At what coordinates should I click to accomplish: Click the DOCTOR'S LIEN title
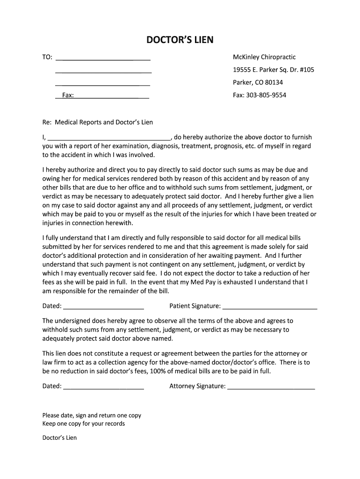(180, 40)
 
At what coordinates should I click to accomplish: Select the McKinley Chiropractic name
(264, 57)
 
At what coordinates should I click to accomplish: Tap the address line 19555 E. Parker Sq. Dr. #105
(274, 70)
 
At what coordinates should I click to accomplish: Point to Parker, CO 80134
(258, 82)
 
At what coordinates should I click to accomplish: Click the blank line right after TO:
(103, 59)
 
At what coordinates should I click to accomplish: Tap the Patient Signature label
(195, 306)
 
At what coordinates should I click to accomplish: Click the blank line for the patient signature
(270, 308)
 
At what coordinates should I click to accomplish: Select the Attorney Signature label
(197, 386)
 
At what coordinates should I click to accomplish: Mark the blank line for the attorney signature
(271, 388)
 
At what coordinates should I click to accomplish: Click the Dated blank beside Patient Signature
(103, 308)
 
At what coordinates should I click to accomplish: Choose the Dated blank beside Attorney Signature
(103, 388)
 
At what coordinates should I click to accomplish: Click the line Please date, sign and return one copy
(92, 415)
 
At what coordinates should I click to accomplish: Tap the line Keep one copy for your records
(84, 424)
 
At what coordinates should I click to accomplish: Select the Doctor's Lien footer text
(59, 438)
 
